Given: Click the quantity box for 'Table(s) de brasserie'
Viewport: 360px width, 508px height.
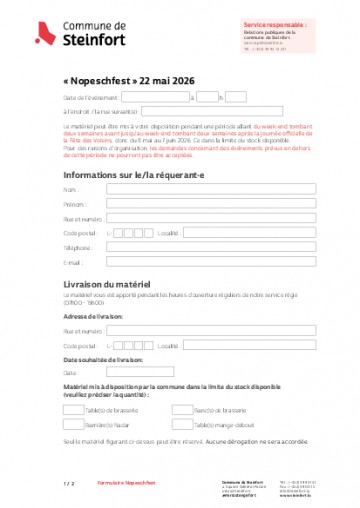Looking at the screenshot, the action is point(73,409).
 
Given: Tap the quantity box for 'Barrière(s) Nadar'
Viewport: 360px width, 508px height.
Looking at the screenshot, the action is point(73,423).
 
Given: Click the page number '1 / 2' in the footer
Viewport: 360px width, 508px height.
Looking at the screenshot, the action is point(69,483).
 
